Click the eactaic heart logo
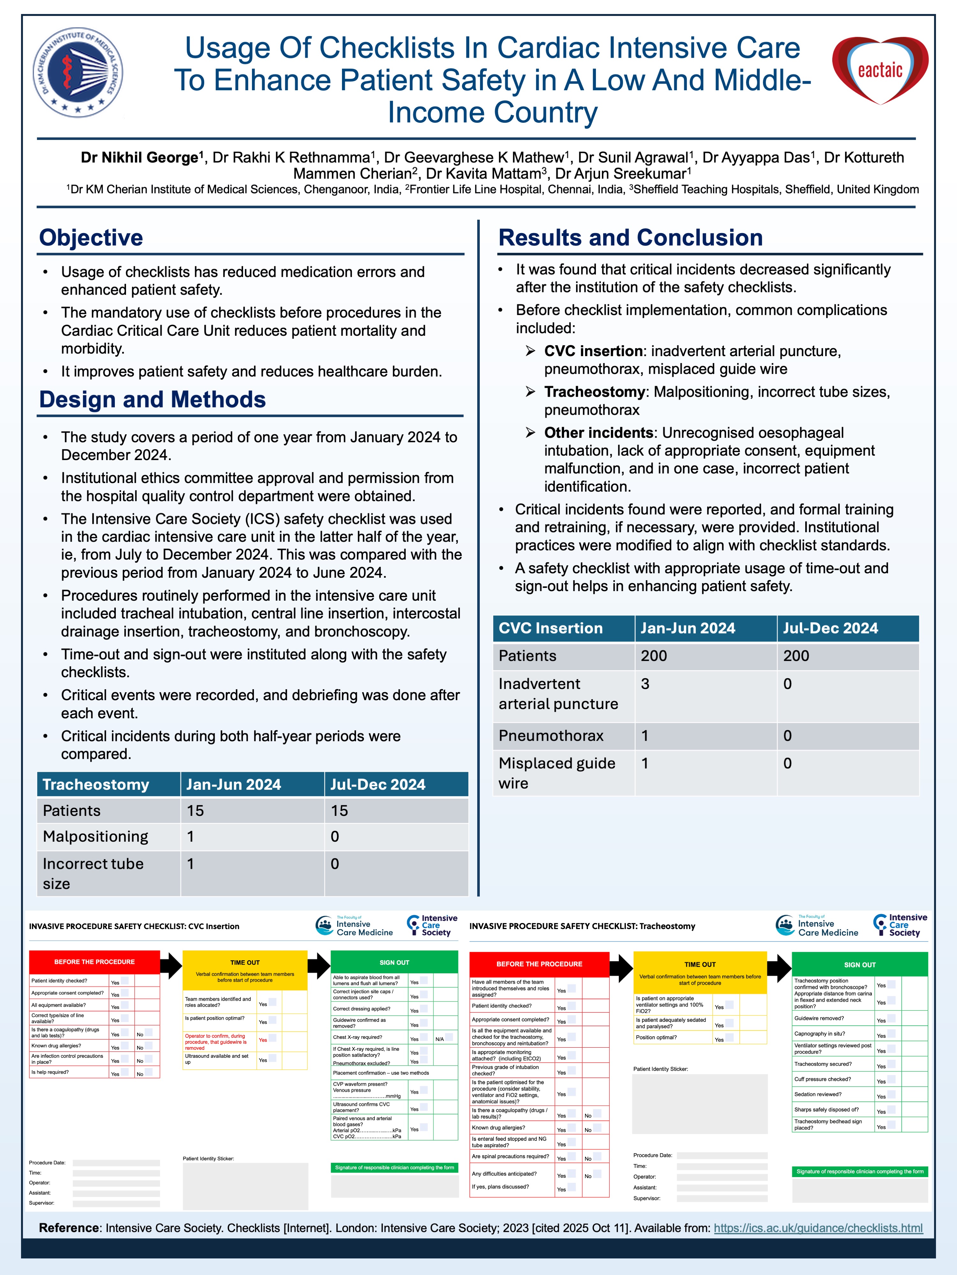pos(880,70)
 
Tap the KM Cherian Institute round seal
pos(78,71)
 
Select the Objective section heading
pos(91,238)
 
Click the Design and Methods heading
pos(152,399)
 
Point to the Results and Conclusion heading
pos(630,238)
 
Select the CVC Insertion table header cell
pos(551,628)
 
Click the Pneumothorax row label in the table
pos(551,736)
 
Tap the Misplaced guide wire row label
pos(557,773)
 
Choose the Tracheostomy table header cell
pos(96,785)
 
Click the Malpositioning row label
pos(95,836)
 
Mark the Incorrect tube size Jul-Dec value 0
pos(335,863)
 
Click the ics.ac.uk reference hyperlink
pos(818,1228)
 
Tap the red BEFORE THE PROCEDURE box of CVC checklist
pos(95,962)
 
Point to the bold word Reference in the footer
pos(69,1228)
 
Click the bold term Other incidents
pos(598,433)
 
